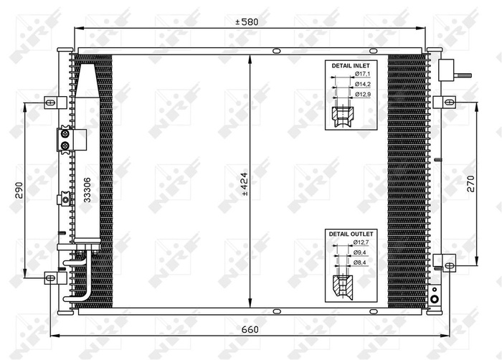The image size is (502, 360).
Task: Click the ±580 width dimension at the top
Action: (x=247, y=22)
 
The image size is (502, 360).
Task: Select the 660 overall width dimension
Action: (x=249, y=330)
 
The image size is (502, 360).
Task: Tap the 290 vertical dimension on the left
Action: (x=20, y=189)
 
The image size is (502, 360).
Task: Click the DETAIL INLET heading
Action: (x=349, y=65)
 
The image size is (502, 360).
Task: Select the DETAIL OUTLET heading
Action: (x=351, y=235)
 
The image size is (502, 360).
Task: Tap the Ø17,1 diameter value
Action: (x=362, y=75)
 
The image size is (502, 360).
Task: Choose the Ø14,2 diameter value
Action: (x=362, y=84)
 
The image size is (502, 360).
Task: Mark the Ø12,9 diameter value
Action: (x=362, y=93)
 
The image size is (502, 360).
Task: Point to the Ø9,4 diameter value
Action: (x=361, y=253)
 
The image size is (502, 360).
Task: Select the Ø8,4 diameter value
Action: (x=361, y=262)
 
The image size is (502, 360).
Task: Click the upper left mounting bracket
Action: (x=50, y=102)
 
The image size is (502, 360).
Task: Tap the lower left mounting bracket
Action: (x=50, y=276)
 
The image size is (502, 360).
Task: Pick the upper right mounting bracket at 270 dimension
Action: (x=448, y=102)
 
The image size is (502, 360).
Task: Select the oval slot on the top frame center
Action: (x=276, y=50)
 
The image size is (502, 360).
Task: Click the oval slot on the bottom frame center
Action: (x=276, y=311)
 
